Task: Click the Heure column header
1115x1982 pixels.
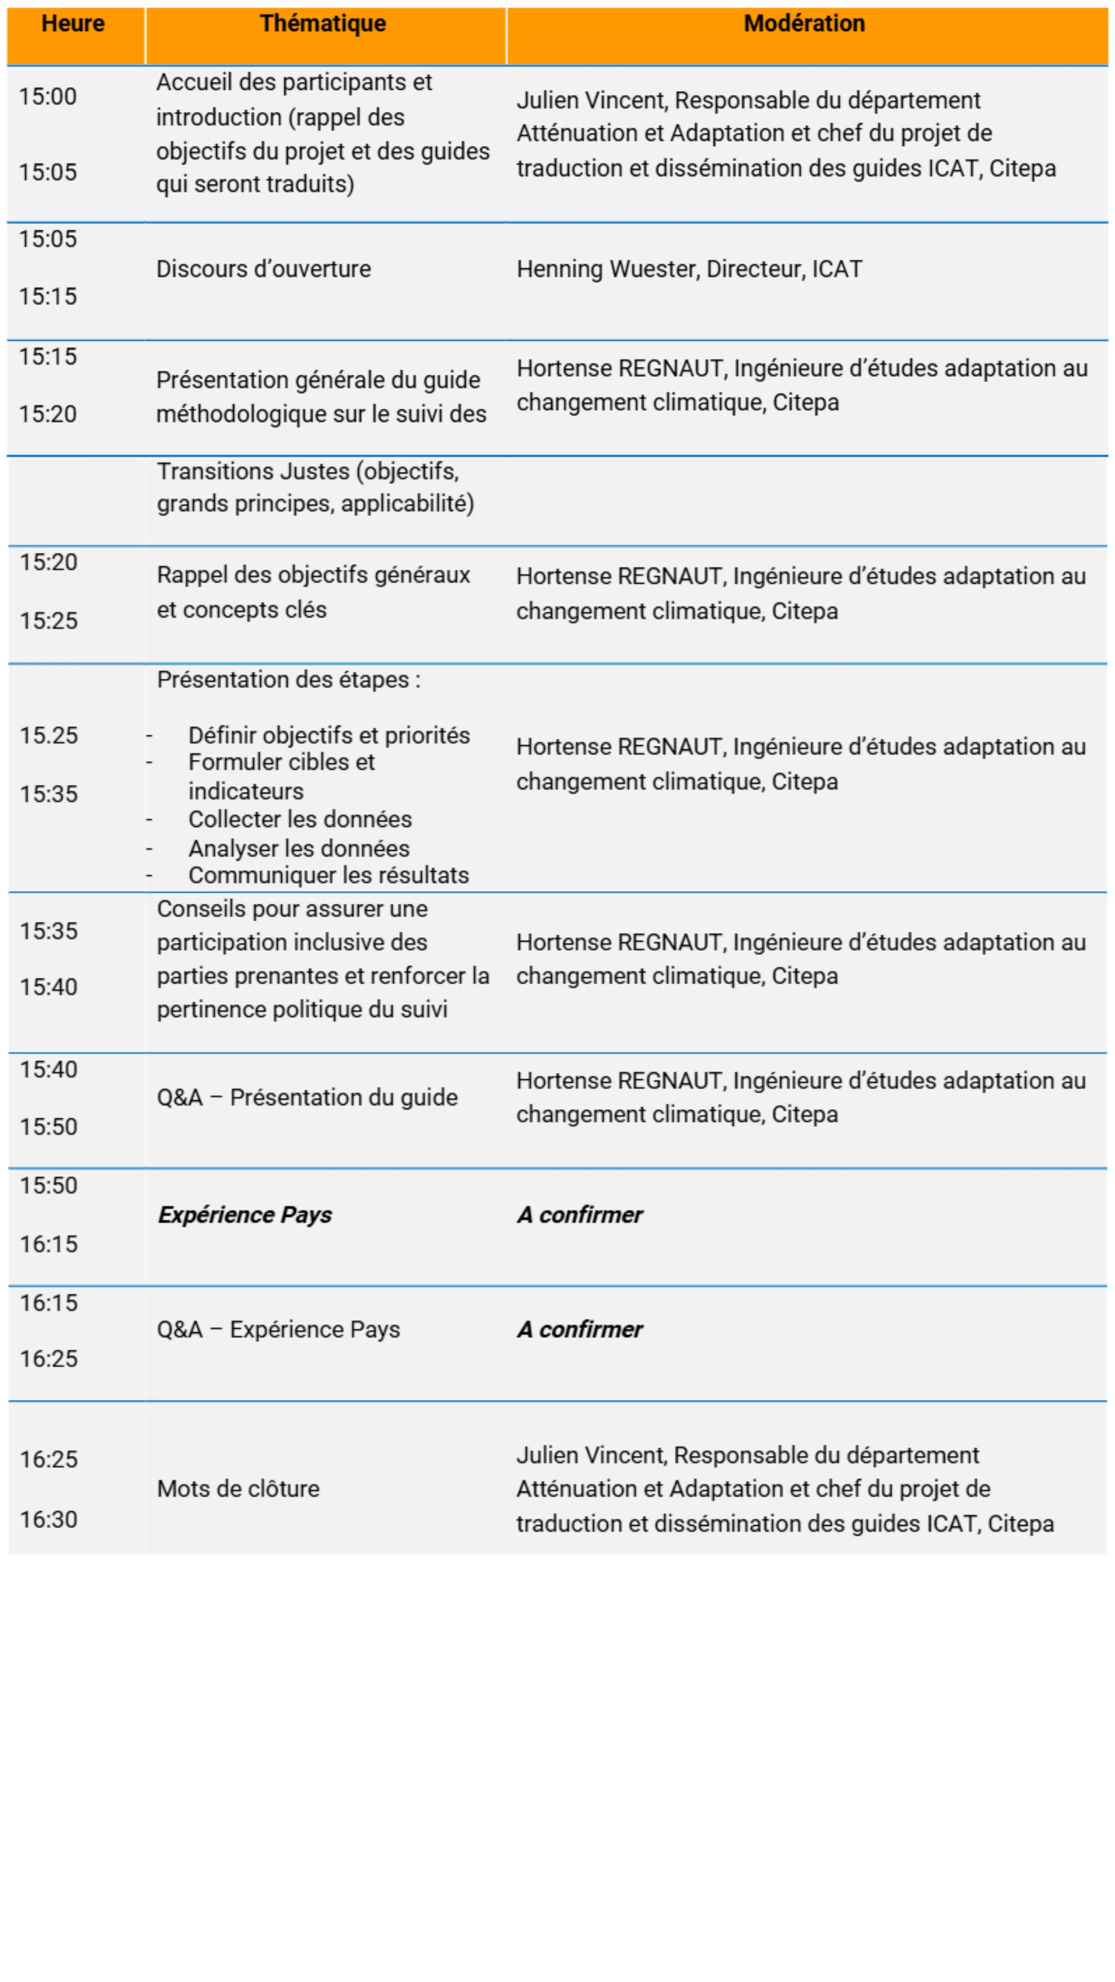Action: (73, 24)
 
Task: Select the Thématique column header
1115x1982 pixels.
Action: (323, 24)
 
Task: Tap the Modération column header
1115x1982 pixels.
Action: (804, 24)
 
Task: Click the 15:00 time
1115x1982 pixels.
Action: (47, 97)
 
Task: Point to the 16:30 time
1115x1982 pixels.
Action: (49, 1520)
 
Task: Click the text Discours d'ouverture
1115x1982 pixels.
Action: (263, 269)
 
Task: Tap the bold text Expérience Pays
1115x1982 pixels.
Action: (245, 1215)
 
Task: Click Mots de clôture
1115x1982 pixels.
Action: (238, 1489)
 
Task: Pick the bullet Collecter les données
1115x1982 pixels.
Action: (300, 820)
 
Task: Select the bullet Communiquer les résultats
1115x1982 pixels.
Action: (329, 875)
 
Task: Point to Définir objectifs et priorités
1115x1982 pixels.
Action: (329, 736)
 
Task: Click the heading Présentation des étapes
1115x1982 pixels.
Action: (288, 680)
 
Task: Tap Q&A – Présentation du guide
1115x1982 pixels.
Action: (307, 1097)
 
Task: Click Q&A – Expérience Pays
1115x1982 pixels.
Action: (279, 1330)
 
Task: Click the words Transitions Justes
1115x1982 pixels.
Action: (252, 471)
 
